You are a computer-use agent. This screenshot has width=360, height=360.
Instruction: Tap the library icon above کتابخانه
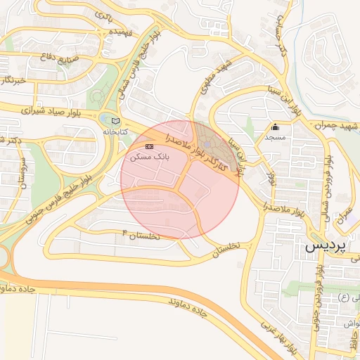116,121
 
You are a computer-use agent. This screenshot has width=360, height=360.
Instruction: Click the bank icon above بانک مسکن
148,146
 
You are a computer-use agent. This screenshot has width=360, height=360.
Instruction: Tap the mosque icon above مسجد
275,127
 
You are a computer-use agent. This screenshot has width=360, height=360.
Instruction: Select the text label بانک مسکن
148,157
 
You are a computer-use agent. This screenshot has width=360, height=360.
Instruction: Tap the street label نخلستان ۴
141,234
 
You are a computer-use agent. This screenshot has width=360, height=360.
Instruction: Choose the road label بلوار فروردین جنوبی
319,295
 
